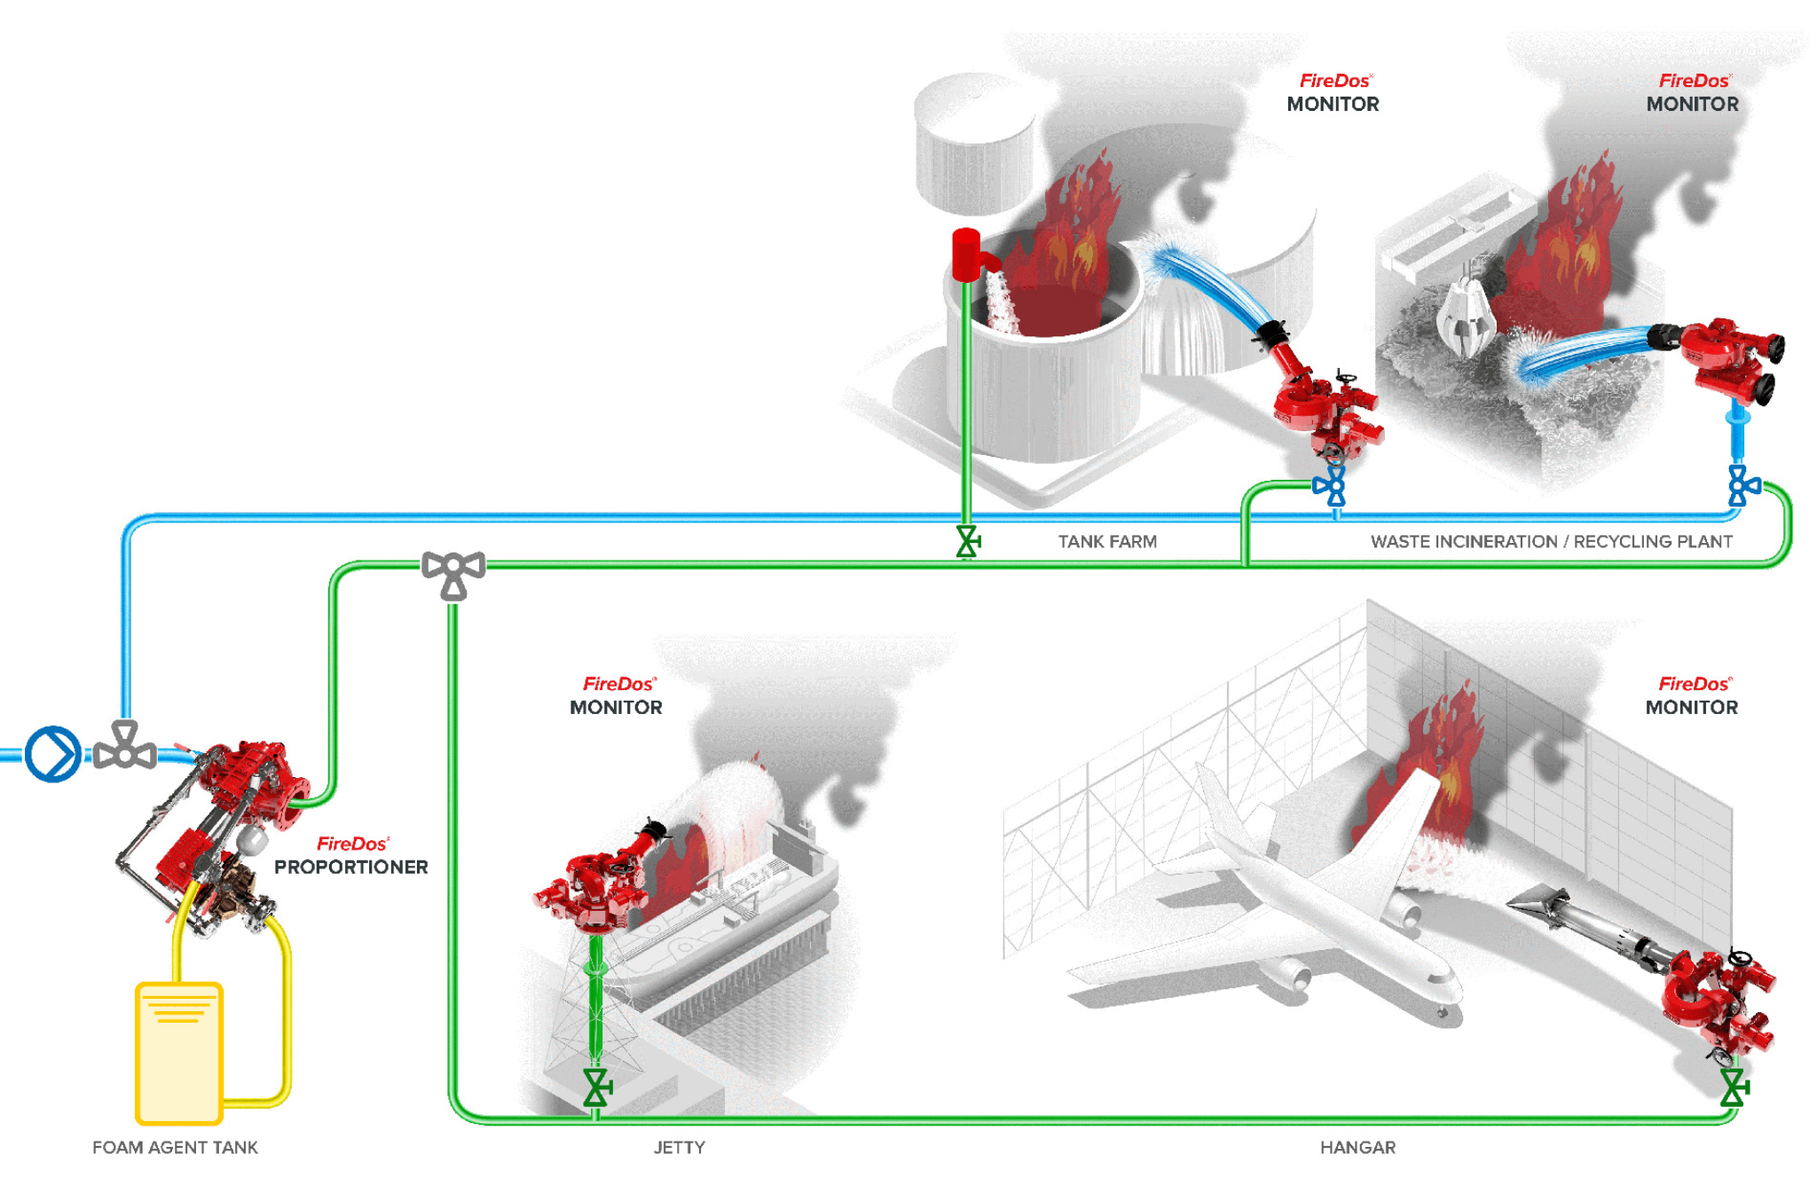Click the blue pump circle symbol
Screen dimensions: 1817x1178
click(x=53, y=754)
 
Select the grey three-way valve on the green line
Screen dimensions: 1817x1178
click(x=453, y=573)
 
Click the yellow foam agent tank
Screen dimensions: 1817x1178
click(x=178, y=1052)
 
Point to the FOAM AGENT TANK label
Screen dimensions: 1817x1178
click(x=175, y=1147)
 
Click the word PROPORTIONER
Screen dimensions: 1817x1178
click(x=350, y=867)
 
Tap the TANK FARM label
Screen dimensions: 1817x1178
click(x=1107, y=541)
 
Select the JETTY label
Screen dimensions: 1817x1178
click(x=680, y=1147)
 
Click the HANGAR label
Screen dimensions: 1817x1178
click(x=1357, y=1147)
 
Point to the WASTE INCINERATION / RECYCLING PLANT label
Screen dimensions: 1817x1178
click(x=1551, y=541)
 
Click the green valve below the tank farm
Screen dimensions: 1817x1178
click(x=967, y=541)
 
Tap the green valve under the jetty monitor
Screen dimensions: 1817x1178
click(x=597, y=1088)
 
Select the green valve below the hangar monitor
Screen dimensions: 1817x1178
click(x=1734, y=1088)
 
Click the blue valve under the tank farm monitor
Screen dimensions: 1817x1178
click(x=1330, y=486)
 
